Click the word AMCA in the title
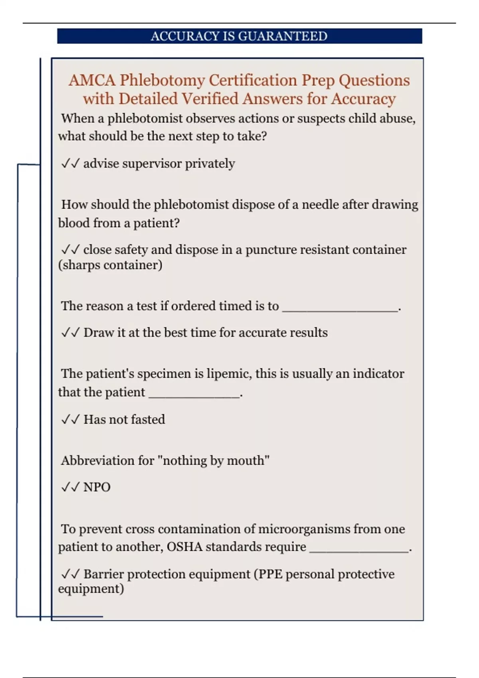point(92,81)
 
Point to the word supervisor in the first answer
point(152,164)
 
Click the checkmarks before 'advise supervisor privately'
point(70,164)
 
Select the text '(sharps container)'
point(110,265)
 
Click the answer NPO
point(97,487)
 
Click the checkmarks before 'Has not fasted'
point(70,420)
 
